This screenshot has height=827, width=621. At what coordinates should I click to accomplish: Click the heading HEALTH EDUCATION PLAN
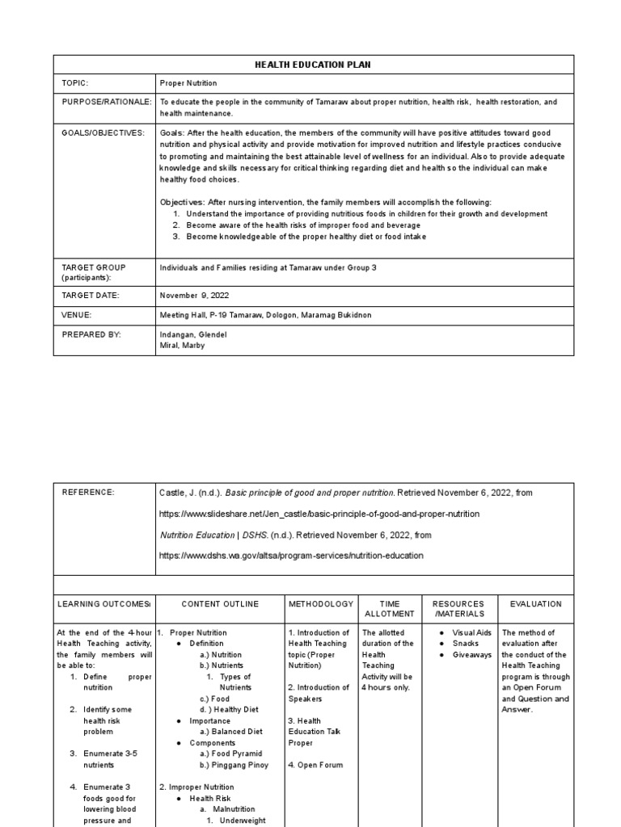(314, 65)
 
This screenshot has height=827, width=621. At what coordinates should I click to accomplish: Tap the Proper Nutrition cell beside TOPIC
(188, 83)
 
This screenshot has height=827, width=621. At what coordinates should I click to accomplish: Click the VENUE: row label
(77, 315)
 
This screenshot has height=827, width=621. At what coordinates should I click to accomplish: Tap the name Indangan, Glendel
(193, 334)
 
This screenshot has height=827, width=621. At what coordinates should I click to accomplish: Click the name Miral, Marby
(183, 345)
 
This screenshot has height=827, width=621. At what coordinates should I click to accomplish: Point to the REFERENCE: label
(88, 492)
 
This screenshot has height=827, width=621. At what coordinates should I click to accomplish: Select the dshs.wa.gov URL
(290, 556)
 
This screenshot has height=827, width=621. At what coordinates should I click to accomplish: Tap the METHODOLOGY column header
(320, 604)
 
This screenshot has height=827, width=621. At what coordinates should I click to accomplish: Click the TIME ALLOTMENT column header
(391, 609)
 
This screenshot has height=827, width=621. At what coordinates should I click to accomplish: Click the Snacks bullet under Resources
(465, 644)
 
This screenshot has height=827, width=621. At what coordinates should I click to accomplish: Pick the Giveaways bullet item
(471, 655)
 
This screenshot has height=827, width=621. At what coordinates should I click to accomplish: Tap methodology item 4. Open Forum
(315, 765)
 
